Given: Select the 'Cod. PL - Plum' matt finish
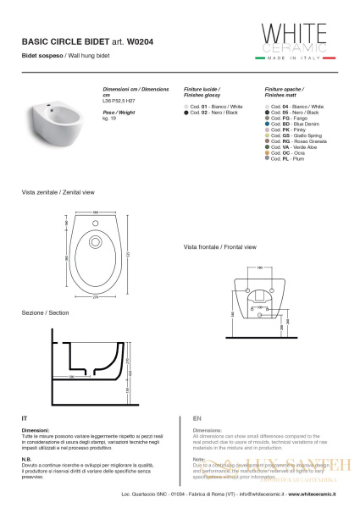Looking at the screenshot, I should (289, 158).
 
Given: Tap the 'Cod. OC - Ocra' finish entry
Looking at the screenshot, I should (289, 152).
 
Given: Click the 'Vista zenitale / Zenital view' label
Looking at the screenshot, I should (54, 193).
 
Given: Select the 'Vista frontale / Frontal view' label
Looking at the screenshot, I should (219, 247).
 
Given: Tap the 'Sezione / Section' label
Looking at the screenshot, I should (45, 313).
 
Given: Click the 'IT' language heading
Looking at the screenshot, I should (25, 418).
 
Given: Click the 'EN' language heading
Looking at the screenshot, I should (197, 418).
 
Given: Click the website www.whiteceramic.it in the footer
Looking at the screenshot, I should (309, 492).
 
